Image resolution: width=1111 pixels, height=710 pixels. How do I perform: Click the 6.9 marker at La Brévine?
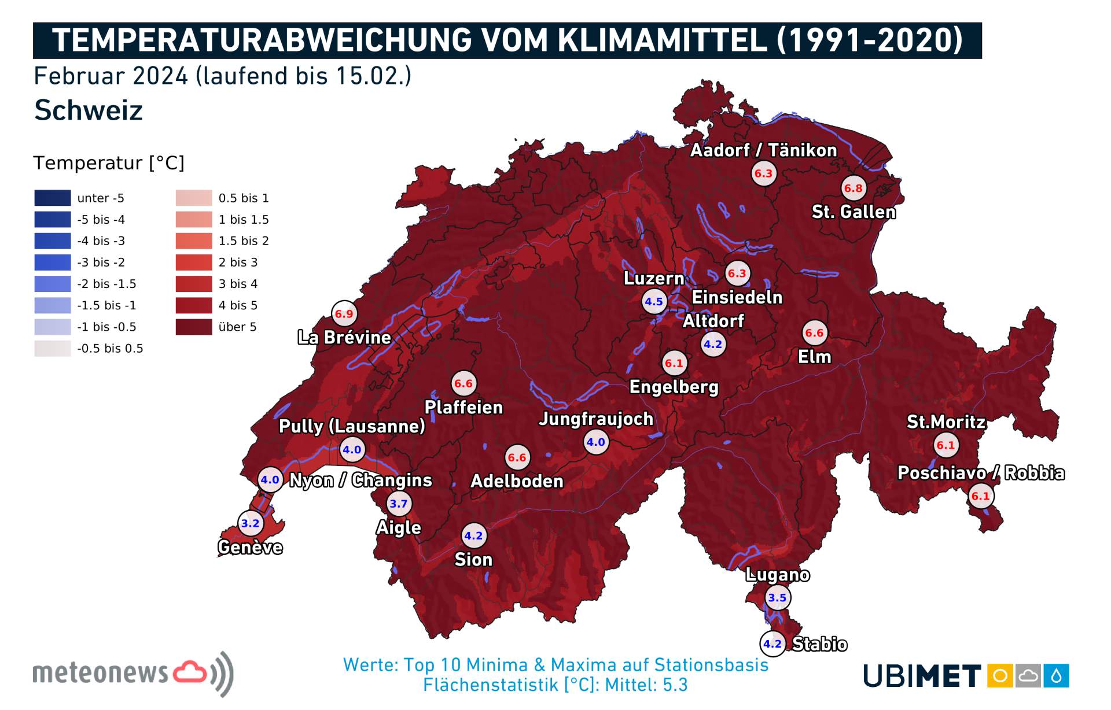(344, 314)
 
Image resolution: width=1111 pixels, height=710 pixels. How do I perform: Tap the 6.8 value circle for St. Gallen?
(854, 188)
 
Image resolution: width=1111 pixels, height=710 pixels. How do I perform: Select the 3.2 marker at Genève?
(251, 524)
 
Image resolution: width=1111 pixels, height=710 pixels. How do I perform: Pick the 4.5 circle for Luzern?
(654, 302)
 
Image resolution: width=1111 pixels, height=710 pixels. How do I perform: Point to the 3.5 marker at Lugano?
(778, 598)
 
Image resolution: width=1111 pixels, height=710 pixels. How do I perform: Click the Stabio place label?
(819, 644)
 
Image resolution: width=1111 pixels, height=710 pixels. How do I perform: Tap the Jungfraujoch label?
(596, 419)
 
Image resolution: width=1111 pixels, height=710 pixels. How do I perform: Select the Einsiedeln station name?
(737, 297)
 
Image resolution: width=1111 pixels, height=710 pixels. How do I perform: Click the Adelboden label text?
(517, 481)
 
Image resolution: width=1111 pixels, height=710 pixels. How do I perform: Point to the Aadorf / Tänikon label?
(763, 150)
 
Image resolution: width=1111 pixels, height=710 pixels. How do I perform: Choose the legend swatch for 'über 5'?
(194, 327)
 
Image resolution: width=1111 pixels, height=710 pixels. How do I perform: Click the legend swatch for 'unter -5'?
(53, 198)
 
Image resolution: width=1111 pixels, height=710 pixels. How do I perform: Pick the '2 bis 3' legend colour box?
(194, 262)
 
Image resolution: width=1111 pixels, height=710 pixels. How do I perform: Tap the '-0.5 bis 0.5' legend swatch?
(53, 348)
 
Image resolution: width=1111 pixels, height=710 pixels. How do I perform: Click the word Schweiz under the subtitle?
(89, 110)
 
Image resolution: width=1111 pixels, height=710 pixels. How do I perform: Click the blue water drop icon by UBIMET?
(1056, 676)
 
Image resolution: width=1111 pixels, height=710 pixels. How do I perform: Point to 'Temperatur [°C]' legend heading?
(109, 163)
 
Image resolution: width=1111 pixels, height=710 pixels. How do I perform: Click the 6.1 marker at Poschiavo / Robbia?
(981, 496)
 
